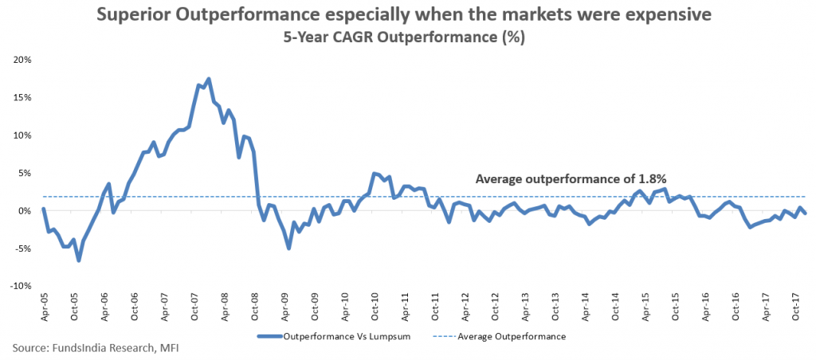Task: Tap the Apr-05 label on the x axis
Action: pos(45,305)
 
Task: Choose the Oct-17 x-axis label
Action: pos(796,305)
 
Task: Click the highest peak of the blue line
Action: pos(208,79)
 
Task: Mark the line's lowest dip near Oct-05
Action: pos(79,260)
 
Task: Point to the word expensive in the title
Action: pos(655,15)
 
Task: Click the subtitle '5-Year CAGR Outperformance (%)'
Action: pos(407,37)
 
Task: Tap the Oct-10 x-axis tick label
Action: pos(375,305)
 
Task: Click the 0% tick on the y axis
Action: pos(25,211)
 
